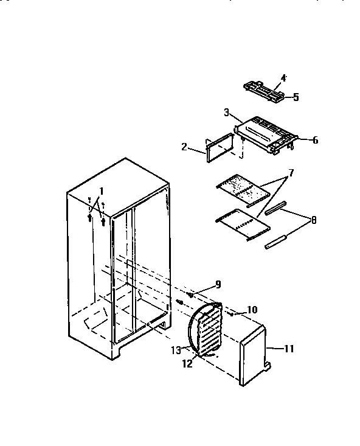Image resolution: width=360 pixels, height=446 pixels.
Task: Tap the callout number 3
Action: [226, 112]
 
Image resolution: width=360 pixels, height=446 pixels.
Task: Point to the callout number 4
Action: [283, 78]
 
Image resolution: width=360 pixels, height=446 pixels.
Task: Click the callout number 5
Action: [296, 97]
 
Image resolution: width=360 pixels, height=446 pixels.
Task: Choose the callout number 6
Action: [315, 141]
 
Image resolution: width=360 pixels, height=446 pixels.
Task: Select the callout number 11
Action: [289, 349]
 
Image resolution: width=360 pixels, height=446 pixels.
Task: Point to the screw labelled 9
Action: [190, 295]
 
